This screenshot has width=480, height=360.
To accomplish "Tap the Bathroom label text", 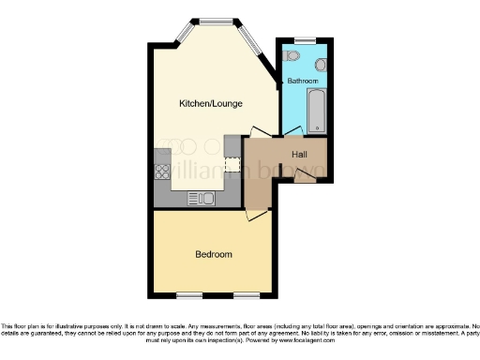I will click(303, 82).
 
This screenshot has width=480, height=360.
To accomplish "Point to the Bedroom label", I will click(213, 254).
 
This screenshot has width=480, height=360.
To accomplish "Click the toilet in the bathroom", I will click(288, 58).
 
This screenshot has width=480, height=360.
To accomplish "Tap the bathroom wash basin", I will click(320, 65).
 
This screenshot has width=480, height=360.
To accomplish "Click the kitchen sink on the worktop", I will click(201, 198).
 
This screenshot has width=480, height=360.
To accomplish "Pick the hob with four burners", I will click(161, 172).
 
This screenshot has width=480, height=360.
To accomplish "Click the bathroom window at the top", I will click(304, 39).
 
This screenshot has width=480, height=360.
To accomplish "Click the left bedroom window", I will click(189, 295).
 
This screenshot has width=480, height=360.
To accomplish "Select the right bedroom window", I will click(247, 295).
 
